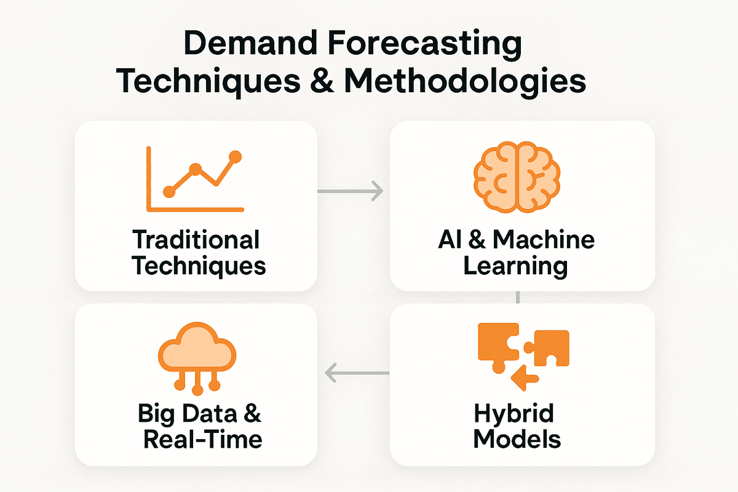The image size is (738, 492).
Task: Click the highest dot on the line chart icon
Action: pyautogui.click(x=234, y=156)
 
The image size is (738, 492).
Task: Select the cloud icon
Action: pyautogui.click(x=197, y=357)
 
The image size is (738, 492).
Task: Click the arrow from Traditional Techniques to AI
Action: pyautogui.click(x=351, y=191)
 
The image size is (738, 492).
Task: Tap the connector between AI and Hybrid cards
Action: pyautogui.click(x=519, y=298)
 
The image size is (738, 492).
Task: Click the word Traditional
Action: pyautogui.click(x=196, y=240)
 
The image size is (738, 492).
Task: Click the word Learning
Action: pyautogui.click(x=515, y=266)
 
